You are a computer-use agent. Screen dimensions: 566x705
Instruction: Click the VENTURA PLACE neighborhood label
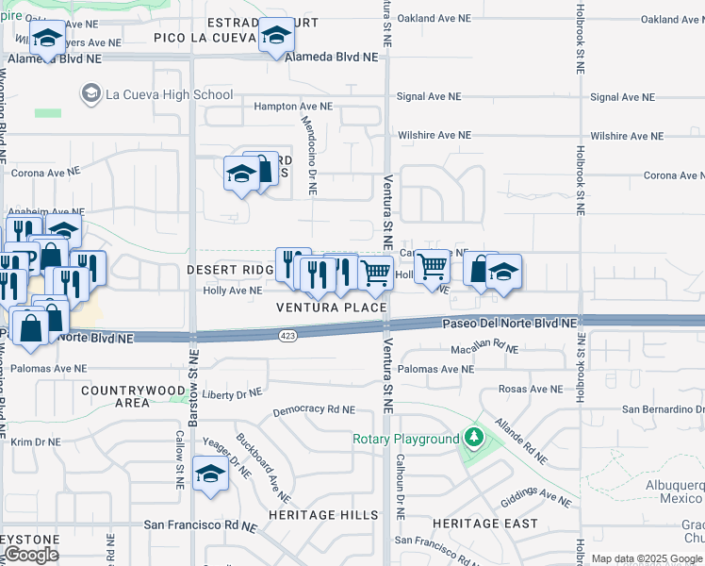tap(331, 308)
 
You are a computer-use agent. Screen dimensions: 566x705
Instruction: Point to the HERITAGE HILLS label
tap(322, 515)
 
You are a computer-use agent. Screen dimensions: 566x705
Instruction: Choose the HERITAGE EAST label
tap(484, 523)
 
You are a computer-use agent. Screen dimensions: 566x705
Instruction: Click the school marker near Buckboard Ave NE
tap(210, 474)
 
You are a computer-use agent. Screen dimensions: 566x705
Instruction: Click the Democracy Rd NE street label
tap(314, 411)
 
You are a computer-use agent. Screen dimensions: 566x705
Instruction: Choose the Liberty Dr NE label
tap(231, 393)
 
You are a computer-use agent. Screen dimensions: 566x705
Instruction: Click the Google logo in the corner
tap(31, 555)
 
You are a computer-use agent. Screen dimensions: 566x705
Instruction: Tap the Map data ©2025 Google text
tap(647, 559)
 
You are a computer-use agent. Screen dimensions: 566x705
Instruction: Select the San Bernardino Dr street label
tap(662, 409)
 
